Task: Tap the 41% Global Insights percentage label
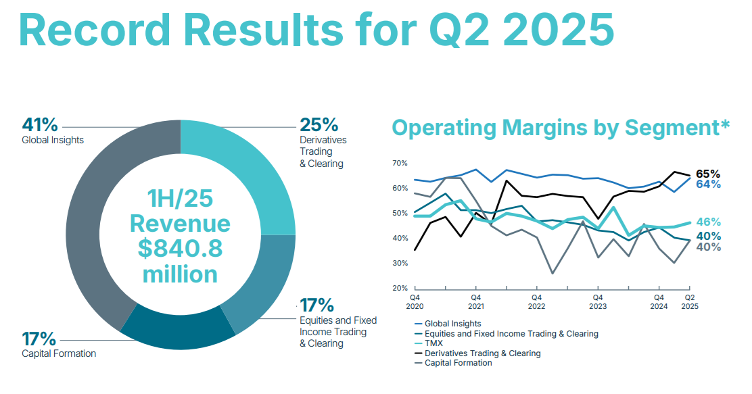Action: (x=40, y=125)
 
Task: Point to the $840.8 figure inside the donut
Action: (x=180, y=249)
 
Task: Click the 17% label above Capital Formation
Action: (x=39, y=339)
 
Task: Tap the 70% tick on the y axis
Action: (x=400, y=164)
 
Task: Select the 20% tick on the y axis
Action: (x=400, y=289)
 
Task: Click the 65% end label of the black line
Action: (x=708, y=174)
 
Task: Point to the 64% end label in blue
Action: (x=708, y=184)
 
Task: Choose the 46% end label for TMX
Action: (x=708, y=222)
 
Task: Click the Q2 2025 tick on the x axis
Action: (x=690, y=301)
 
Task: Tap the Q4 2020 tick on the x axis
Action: (x=414, y=301)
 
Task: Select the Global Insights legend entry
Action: (x=453, y=324)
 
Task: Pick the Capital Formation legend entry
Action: (x=459, y=363)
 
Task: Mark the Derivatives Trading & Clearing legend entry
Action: (x=482, y=353)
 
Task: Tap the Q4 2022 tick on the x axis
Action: (x=536, y=301)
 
